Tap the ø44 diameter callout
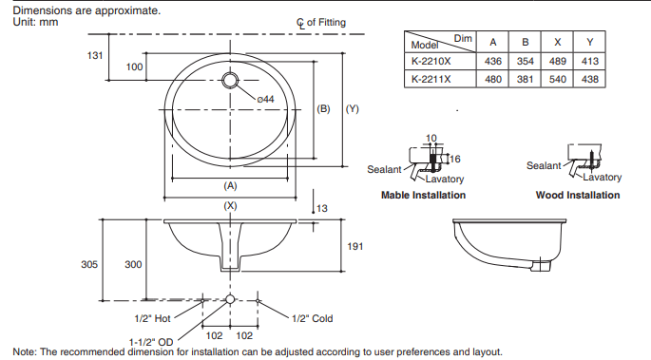[265, 99]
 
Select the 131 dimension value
[95, 56]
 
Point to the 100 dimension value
[134, 66]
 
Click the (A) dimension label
[230, 185]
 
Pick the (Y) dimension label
[352, 108]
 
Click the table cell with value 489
[557, 62]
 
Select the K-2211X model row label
[431, 79]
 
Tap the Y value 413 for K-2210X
[589, 62]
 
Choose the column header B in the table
[526, 43]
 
